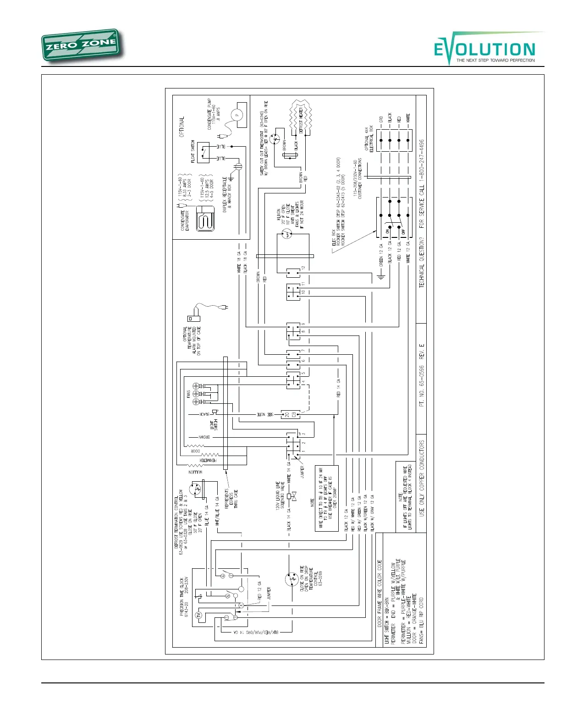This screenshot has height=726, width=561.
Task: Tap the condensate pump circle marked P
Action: (x=237, y=115)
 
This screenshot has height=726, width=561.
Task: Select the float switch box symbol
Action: (x=203, y=152)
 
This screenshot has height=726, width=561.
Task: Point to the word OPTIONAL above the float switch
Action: (x=181, y=127)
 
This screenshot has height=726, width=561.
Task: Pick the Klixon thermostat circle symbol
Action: (x=286, y=235)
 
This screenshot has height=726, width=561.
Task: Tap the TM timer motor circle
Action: (x=199, y=615)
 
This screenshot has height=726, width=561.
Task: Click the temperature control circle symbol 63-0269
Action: (x=291, y=578)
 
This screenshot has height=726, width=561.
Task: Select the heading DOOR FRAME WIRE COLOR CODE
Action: (x=379, y=593)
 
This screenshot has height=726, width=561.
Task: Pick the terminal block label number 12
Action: (x=303, y=268)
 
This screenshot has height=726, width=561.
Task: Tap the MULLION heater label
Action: (x=195, y=472)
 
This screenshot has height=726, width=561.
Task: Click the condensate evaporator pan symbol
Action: (x=205, y=219)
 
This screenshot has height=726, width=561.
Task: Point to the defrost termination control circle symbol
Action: (x=197, y=489)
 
